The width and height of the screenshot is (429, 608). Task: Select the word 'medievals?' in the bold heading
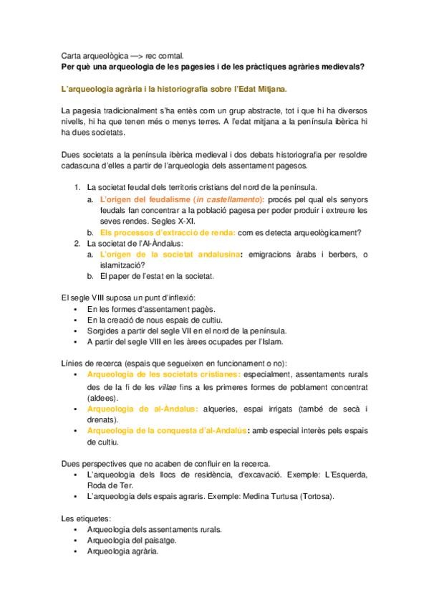click(342, 66)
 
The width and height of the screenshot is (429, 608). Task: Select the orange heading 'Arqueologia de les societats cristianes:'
click(163, 375)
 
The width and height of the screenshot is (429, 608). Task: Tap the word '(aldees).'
click(104, 397)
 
